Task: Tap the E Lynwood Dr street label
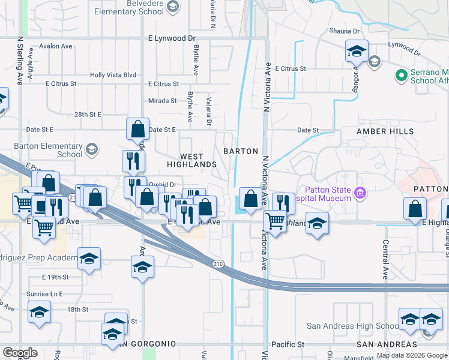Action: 172,38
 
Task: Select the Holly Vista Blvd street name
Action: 113,75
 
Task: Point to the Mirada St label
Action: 163,101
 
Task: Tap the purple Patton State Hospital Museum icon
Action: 360,193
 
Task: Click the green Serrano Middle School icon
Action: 400,76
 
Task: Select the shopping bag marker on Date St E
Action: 137,128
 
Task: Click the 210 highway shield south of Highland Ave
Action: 218,263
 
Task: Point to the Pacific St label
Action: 288,344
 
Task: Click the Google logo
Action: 20,353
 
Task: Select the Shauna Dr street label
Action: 344,31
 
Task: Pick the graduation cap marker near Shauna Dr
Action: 357,52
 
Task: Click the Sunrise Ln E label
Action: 44,294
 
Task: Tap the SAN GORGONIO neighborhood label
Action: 146,344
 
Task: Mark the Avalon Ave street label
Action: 55,46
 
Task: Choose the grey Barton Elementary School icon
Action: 92,149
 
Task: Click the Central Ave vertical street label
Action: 385,260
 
